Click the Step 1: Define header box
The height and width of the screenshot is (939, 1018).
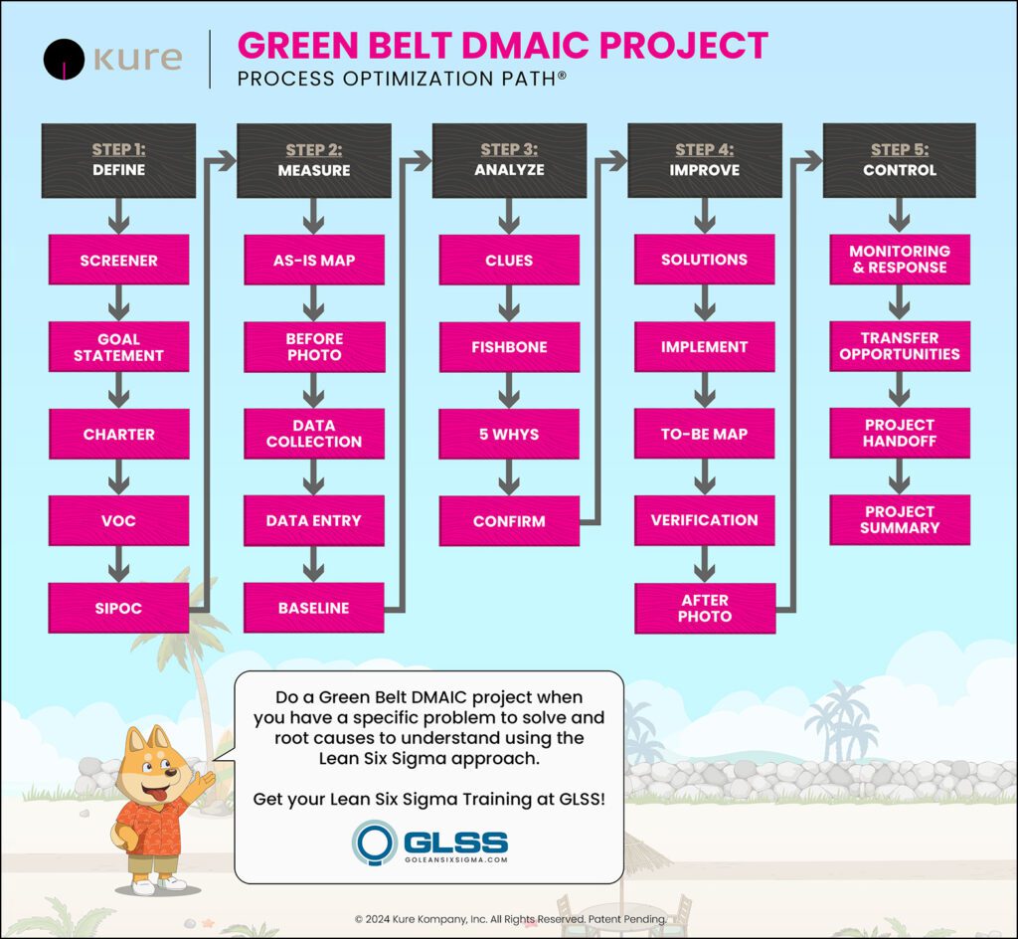coord(118,160)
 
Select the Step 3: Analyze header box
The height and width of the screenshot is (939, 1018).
coord(508,160)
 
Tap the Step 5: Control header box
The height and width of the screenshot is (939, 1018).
coord(899,160)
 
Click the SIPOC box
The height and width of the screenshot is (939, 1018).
coord(118,608)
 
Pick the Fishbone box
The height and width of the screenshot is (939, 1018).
coord(508,347)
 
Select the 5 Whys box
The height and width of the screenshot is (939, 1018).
coord(508,435)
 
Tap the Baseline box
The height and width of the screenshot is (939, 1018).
coord(314,608)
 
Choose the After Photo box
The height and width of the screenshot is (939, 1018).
coord(705,608)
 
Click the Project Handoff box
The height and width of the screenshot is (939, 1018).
coord(899,433)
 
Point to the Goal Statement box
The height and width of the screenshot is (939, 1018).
coord(118,347)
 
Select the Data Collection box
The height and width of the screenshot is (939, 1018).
coord(314,433)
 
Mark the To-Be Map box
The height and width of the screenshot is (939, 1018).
coord(705,434)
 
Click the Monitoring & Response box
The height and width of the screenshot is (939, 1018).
coord(899,260)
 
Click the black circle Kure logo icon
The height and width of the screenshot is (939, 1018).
coord(64,59)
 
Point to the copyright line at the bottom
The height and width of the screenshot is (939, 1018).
coord(509,919)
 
